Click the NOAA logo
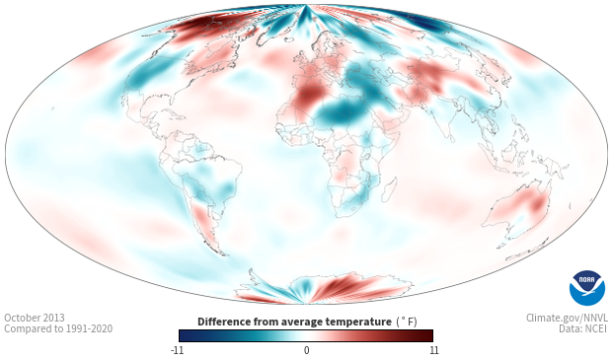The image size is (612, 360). (x=586, y=288)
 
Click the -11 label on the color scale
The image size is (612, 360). (x=178, y=350)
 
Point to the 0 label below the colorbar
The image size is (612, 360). (x=306, y=350)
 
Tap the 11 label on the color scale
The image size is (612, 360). (x=433, y=350)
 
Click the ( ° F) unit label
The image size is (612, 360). (x=407, y=323)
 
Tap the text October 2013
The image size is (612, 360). (x=35, y=318)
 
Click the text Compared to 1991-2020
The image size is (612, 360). (x=58, y=328)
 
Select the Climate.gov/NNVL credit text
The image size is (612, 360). (x=567, y=318)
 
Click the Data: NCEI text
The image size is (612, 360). (x=583, y=328)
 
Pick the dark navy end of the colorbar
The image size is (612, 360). (x=185, y=335)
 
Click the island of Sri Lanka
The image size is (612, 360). (x=451, y=138)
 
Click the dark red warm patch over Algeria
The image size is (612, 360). (x=308, y=95)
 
